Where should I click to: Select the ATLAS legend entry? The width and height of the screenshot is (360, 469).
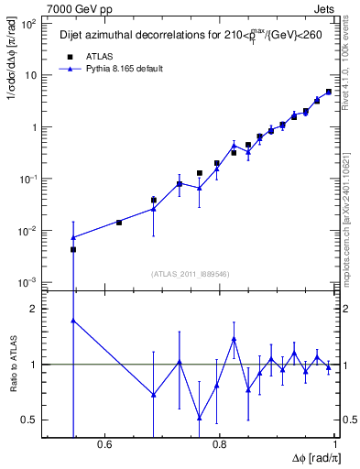point(92,56)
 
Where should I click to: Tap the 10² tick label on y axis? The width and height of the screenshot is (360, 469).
point(28,23)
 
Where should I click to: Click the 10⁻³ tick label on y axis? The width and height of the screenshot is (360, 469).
point(28,282)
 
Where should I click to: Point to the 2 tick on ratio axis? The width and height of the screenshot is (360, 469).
point(33,309)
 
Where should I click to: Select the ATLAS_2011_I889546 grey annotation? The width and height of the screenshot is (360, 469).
point(190,272)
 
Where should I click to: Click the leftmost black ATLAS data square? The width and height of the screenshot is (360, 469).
point(73,249)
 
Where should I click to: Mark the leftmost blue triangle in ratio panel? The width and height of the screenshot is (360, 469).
point(73,321)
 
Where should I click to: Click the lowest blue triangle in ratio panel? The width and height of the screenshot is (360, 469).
point(199,418)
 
